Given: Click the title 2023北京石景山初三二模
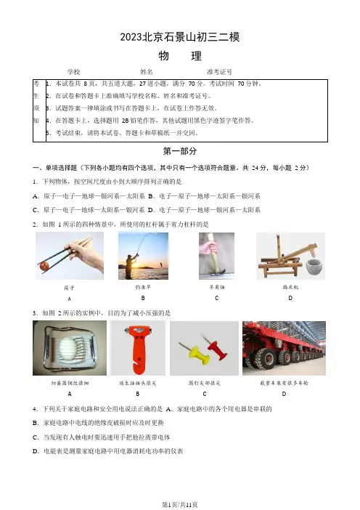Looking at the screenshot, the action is [180, 37].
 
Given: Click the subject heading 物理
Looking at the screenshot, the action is [180, 56].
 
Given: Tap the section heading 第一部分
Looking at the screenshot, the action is [180, 151].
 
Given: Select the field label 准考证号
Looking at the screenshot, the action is [219, 71].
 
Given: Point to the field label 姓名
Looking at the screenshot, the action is [147, 71].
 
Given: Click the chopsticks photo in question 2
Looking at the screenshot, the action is [70, 256].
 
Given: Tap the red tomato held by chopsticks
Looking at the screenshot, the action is [44, 267].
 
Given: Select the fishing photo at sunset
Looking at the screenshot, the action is [143, 256].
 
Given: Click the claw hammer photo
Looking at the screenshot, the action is [216, 256].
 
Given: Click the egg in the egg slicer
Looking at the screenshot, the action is [68, 346].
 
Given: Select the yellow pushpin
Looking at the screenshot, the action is [196, 354].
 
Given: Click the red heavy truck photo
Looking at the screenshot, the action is [284, 348].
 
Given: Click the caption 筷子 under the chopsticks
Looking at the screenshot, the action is [69, 288].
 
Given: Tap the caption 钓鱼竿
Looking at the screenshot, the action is [143, 287].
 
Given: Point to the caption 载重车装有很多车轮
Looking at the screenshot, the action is [284, 383].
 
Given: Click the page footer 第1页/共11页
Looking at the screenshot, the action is [180, 504].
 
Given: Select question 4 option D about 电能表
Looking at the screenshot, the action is [108, 451].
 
